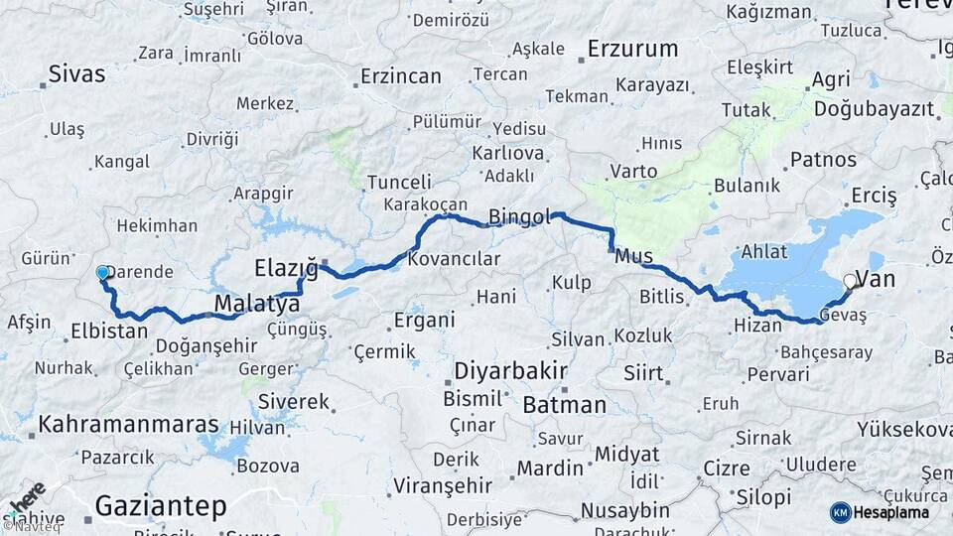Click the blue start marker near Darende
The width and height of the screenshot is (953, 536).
point(102,272)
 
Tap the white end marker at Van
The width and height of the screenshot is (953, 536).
point(850,281)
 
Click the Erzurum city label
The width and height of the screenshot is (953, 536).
point(632,48)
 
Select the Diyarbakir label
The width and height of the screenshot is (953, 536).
point(510,371)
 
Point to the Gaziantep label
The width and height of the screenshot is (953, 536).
point(160,506)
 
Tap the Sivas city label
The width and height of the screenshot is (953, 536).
point(77,73)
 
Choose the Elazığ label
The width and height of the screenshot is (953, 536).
point(285,267)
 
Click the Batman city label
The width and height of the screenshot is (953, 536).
point(564,404)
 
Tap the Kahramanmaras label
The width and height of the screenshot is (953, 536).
point(128,425)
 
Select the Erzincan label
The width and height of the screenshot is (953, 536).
point(400,75)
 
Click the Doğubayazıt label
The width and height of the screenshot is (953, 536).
point(874,109)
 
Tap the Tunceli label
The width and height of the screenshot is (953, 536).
point(399,182)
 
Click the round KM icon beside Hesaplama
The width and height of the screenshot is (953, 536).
point(841,512)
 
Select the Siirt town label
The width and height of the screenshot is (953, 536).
point(643,373)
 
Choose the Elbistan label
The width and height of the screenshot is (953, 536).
point(109,331)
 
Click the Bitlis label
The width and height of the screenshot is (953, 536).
point(661,296)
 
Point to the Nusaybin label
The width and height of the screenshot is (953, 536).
point(624,510)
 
